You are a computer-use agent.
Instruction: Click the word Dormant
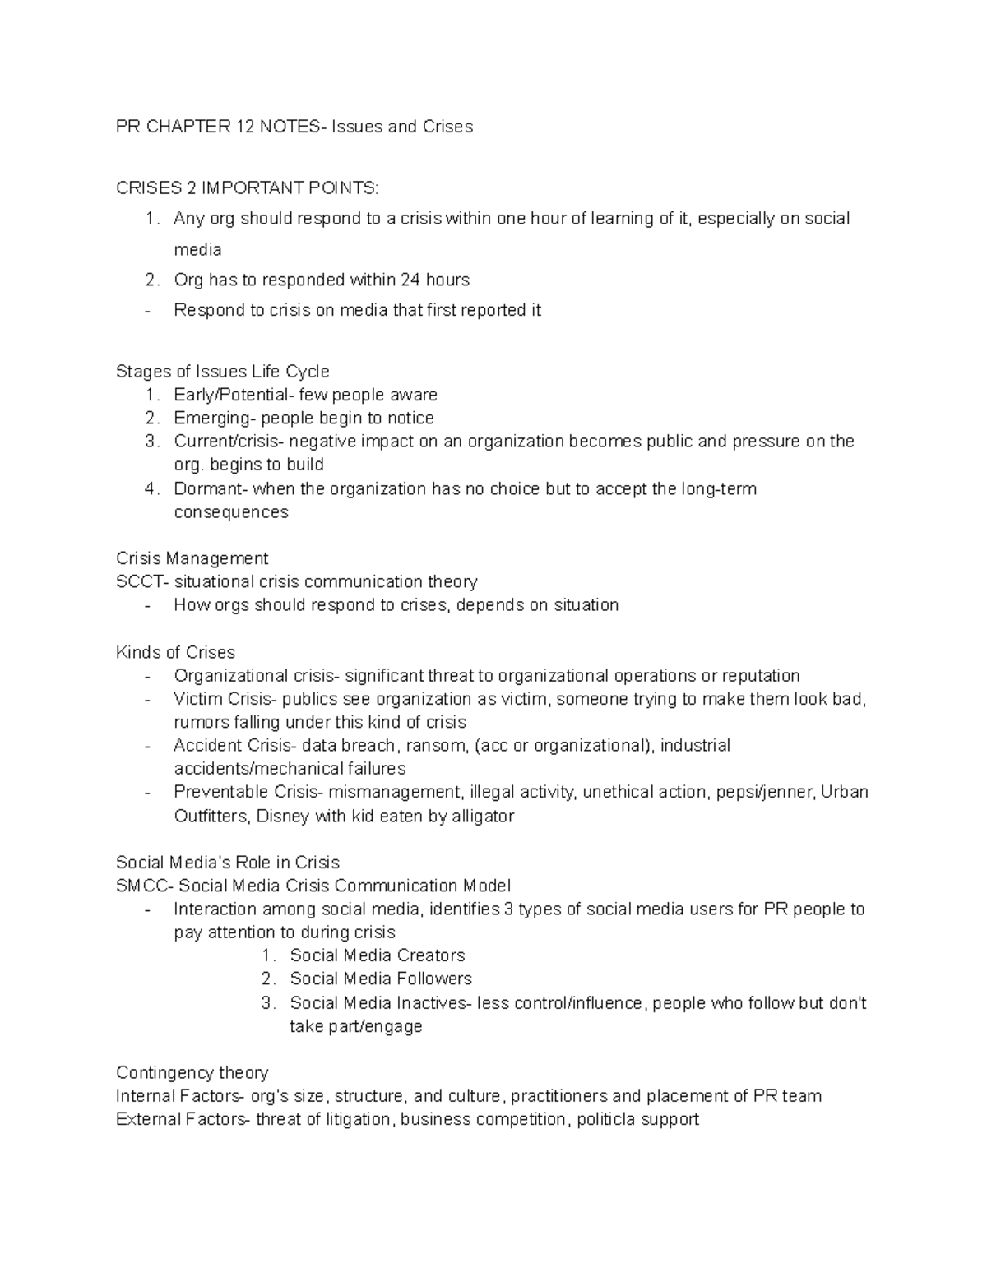[x=209, y=489]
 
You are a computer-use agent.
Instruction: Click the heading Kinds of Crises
[x=175, y=652]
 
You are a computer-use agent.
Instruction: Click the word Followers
[x=433, y=979]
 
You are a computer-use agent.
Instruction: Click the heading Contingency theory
[x=192, y=1073]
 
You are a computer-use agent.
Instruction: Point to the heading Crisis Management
[x=192, y=558]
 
